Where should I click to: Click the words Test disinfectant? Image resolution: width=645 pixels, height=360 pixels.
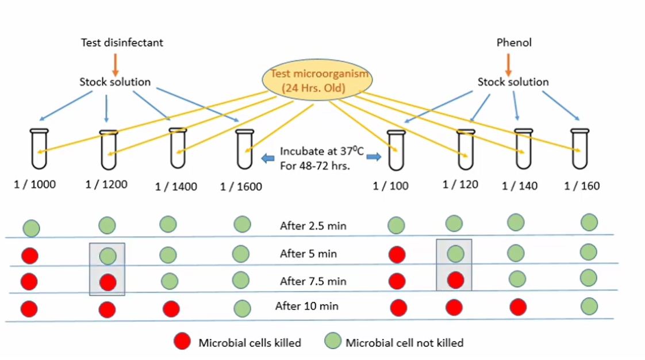(122, 43)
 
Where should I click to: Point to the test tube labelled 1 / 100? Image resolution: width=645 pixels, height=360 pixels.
(394, 150)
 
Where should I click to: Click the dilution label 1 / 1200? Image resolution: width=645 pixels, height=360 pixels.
(106, 185)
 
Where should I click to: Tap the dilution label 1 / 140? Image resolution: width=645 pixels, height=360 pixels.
(520, 186)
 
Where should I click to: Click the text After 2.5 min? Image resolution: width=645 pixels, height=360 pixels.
(313, 225)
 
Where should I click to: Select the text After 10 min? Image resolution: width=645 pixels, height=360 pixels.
(307, 306)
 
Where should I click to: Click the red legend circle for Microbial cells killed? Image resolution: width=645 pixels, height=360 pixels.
(182, 342)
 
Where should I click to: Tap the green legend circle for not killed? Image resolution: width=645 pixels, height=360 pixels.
(332, 342)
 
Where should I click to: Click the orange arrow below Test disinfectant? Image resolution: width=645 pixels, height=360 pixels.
(115, 64)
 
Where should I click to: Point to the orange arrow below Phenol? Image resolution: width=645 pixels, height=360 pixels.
(508, 64)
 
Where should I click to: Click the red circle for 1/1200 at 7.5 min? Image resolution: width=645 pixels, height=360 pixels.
(107, 282)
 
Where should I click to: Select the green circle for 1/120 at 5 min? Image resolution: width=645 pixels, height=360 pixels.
(455, 253)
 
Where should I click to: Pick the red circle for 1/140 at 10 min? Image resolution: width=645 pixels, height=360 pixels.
(518, 307)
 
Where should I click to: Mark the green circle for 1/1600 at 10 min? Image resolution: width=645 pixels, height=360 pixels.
(242, 308)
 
